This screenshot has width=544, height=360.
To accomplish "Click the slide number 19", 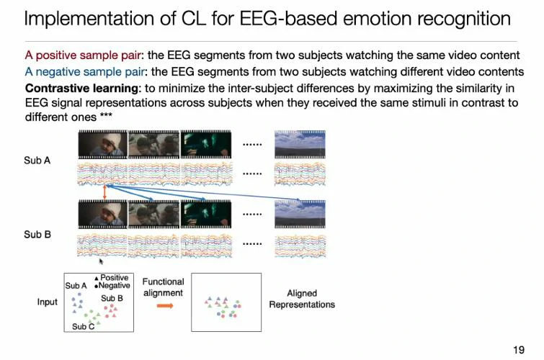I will [518, 350].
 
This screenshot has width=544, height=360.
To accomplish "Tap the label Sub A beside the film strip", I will [37, 161].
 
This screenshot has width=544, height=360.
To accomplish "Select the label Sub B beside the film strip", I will [37, 234].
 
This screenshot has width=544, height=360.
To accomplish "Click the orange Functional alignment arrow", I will [165, 306].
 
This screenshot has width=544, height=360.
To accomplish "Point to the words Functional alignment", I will [163, 287].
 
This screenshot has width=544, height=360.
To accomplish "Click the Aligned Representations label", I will [302, 299].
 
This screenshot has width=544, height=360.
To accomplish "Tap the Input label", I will [47, 302].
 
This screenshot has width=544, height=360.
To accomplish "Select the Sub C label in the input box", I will [83, 326].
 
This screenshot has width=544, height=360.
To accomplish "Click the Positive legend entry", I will [114, 277].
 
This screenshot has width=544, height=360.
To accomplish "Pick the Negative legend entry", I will [114, 286].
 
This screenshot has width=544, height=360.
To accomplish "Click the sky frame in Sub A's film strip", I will [299, 144].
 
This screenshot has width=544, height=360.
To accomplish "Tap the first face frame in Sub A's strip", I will [102, 144].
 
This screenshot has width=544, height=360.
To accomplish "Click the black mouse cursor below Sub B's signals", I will [101, 261].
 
